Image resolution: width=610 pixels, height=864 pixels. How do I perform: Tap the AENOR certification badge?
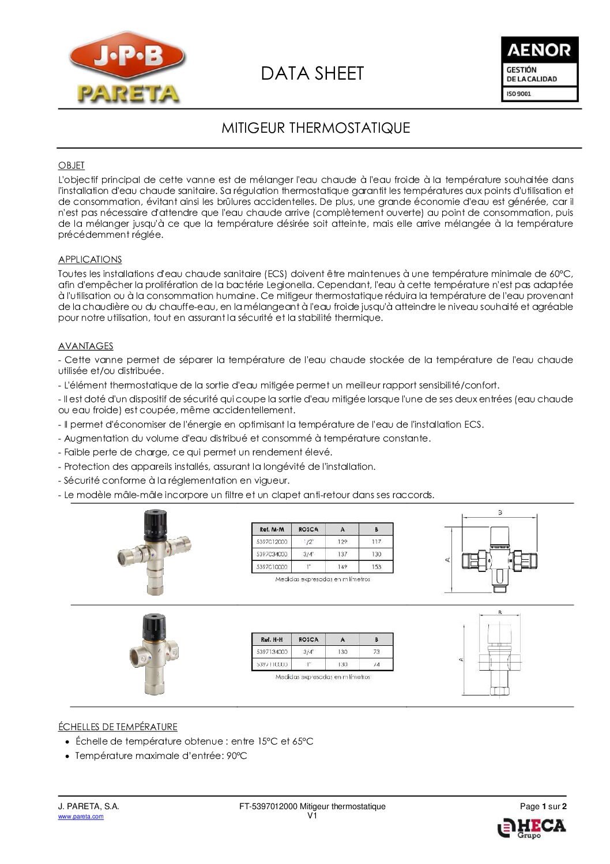tap(539, 69)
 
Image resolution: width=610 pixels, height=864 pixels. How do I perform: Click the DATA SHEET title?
tap(312, 74)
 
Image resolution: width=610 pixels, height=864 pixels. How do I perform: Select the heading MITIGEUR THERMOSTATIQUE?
tap(315, 128)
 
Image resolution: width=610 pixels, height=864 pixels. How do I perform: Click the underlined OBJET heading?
tap(71, 166)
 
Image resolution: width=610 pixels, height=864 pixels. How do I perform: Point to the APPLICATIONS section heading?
tap(90, 260)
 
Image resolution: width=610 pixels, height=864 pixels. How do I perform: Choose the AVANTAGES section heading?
tap(85, 346)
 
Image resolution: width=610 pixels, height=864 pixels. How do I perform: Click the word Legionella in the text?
tap(289, 285)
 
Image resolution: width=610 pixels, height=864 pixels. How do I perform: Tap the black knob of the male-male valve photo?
tap(154, 521)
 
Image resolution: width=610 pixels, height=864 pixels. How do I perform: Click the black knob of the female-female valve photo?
tap(154, 623)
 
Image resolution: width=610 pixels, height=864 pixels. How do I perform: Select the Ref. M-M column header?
tap(272, 529)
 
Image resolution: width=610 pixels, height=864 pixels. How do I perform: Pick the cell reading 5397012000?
tap(272, 542)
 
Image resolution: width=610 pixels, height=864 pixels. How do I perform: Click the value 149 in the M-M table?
tap(342, 567)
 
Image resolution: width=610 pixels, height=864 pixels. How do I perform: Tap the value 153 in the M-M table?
tap(376, 567)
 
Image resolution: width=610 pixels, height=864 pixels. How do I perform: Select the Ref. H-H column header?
tap(272, 639)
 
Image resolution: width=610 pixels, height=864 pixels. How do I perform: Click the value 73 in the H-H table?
tap(376, 652)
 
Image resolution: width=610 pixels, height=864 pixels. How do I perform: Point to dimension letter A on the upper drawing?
tap(448, 559)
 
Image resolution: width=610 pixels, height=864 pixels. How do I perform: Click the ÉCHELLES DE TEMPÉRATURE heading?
tap(118, 727)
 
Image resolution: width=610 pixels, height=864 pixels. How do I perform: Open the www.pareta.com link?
tap(81, 817)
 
